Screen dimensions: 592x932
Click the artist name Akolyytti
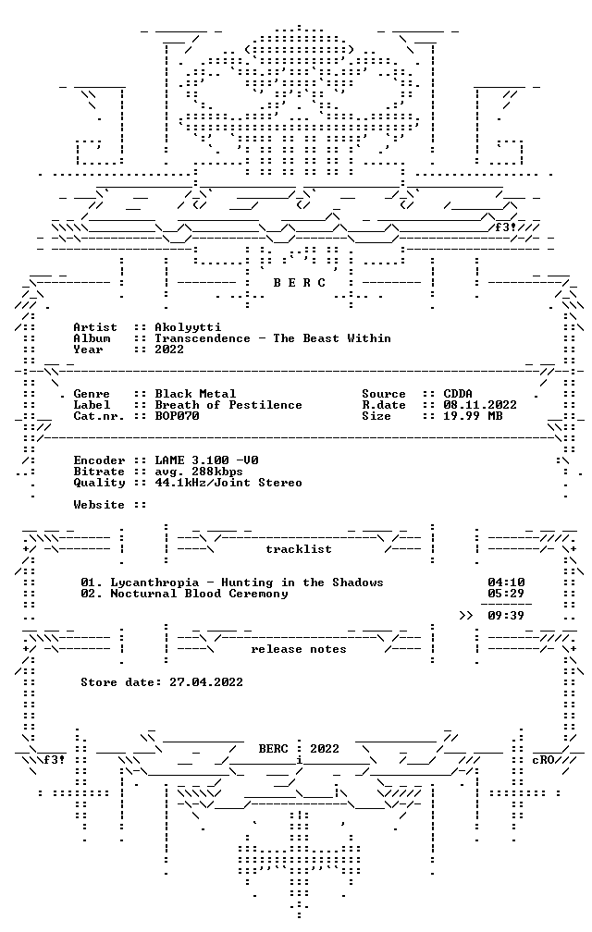point(188,327)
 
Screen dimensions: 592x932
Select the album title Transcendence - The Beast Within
point(273,338)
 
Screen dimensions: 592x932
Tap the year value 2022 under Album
point(169,349)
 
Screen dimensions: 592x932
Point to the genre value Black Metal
point(195,394)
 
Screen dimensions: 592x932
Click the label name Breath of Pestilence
point(228,405)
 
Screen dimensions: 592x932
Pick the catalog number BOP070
point(177,416)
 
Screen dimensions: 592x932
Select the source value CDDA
point(458,394)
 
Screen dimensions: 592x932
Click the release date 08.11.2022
point(480,405)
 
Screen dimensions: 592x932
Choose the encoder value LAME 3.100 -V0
point(206,460)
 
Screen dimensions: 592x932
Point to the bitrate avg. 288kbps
point(199,472)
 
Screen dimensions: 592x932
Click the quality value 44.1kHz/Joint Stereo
point(228,483)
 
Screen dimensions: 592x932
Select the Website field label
point(99,505)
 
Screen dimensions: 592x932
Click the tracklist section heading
point(299,549)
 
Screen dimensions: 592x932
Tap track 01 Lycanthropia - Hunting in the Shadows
point(232,582)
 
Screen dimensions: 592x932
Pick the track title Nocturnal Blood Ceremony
point(199,594)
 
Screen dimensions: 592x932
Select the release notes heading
point(299,649)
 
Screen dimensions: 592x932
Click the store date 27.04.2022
point(206,682)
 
